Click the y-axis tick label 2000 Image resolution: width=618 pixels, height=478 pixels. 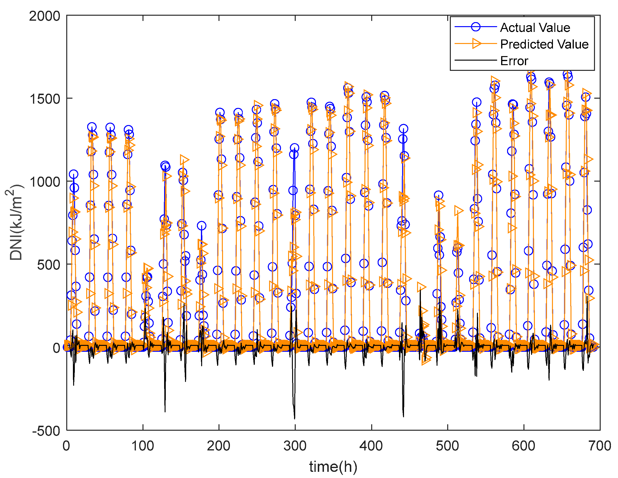click(45, 16)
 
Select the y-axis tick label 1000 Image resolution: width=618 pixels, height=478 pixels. click(45, 182)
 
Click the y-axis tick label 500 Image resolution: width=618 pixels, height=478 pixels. click(49, 265)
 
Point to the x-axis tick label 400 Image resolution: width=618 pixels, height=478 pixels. click(371, 446)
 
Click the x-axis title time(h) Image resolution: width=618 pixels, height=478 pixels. click(333, 466)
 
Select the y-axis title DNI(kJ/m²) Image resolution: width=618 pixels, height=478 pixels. click(16, 222)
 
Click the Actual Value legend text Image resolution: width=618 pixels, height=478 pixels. click(535, 28)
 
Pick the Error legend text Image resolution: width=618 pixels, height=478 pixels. click(514, 61)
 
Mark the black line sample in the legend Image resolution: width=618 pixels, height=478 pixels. click(475, 60)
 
